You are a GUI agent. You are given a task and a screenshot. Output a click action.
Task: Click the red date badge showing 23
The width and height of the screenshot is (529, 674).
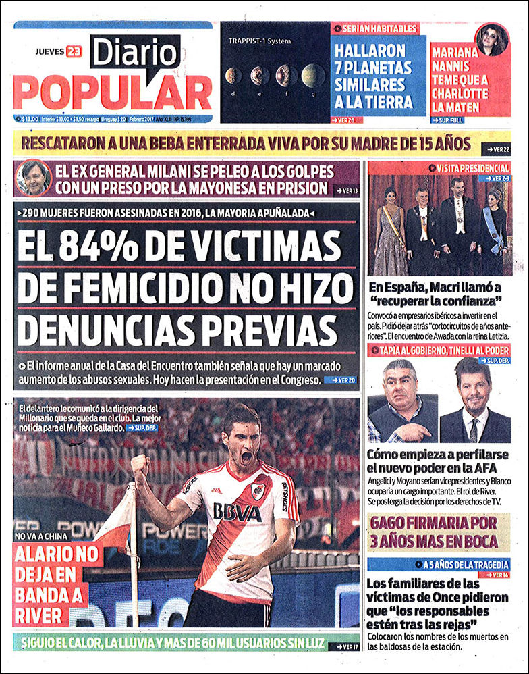pyautogui.click(x=74, y=51)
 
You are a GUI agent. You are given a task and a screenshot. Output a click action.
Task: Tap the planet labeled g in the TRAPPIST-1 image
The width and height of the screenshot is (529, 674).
pyautogui.click(x=312, y=75)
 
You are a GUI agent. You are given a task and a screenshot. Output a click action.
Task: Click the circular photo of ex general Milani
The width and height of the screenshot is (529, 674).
pyautogui.click(x=34, y=178)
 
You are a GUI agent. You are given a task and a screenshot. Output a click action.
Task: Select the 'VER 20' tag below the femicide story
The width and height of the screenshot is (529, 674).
pyautogui.click(x=340, y=380)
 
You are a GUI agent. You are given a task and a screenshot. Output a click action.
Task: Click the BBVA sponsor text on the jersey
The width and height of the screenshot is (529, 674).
pyautogui.click(x=237, y=511)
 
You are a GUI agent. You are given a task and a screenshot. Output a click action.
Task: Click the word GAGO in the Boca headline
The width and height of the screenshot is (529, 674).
pyautogui.click(x=398, y=522)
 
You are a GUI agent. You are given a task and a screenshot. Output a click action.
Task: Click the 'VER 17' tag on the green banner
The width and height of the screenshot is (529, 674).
pyautogui.click(x=340, y=646)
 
